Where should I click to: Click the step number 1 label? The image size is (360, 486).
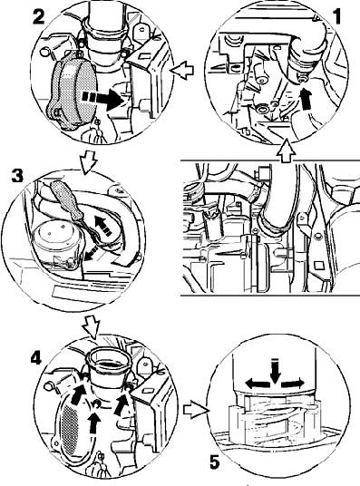336,16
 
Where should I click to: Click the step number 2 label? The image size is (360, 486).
39,16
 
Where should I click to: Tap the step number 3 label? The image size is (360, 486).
17,175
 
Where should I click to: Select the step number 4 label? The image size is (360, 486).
36,359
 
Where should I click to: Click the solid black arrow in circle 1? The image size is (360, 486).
306,98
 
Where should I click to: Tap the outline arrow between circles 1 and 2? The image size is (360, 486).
182,71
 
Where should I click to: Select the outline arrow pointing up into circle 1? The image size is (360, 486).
285,151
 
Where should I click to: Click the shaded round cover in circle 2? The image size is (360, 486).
72,92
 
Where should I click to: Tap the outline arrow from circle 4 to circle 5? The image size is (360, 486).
195,410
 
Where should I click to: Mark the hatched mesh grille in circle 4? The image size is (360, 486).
70,433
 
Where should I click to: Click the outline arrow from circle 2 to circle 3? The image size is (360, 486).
88,162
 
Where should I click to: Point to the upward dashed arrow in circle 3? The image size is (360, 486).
103,226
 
